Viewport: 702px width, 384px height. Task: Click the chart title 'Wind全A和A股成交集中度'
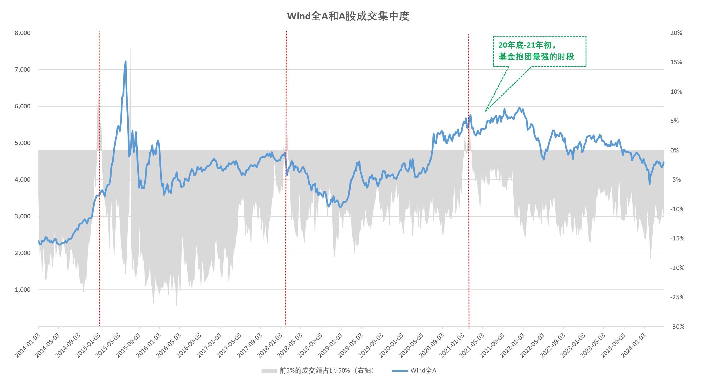[x=348, y=16]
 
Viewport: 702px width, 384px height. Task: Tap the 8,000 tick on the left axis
[x=22, y=33]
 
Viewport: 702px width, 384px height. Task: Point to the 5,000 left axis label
[x=22, y=143]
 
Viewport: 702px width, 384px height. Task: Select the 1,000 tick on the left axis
[x=22, y=290]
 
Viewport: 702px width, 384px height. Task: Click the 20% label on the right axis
[x=676, y=33]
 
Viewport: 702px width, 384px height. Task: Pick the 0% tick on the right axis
[x=674, y=150]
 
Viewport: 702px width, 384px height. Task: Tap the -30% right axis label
[x=677, y=327]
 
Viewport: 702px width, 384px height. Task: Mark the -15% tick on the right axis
[x=677, y=238]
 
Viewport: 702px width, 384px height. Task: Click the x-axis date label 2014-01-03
[x=28, y=345]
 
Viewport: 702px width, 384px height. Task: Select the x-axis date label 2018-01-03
[x=270, y=345]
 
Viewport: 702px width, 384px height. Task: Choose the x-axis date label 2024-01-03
[x=633, y=345]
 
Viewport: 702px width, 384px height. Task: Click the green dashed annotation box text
[x=536, y=51]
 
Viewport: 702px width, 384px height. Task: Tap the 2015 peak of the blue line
[x=125, y=61]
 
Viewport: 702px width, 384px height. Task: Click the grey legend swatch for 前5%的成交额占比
[x=269, y=371]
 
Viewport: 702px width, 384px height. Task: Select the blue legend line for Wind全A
[x=400, y=371]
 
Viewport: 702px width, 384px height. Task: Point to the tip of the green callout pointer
[x=485, y=111]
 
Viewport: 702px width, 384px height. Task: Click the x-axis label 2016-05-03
[x=169, y=345]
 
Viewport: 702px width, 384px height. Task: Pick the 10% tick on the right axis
[x=676, y=92]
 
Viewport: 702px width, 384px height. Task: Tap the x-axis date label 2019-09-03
[x=371, y=345]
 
